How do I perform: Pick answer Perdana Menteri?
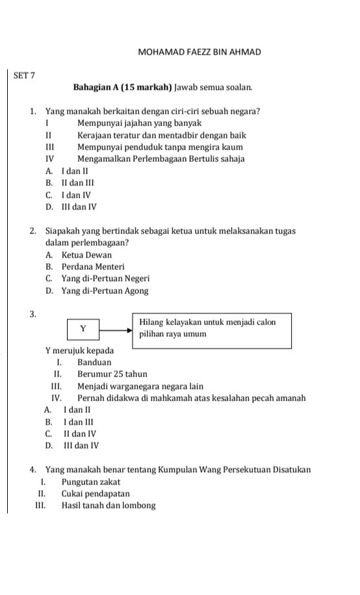coord(85,267)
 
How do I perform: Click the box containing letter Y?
coord(83,328)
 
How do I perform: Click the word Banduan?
coord(94,362)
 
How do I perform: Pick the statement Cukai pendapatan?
coord(96,494)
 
